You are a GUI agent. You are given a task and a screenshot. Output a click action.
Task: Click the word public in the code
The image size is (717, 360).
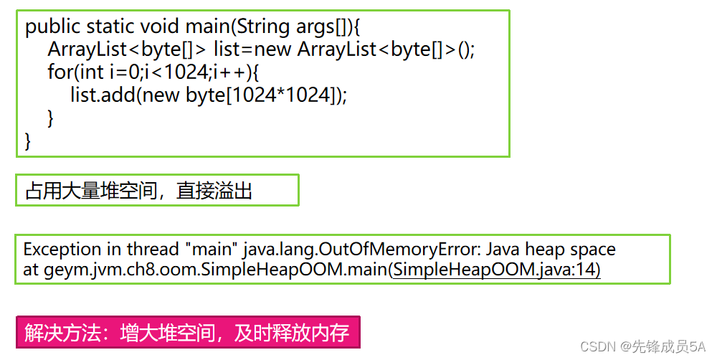pos(53,27)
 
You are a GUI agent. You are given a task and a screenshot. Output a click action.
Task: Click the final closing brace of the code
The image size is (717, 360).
pos(29,141)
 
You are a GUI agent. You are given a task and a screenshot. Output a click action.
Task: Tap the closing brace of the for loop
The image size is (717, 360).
pos(51,118)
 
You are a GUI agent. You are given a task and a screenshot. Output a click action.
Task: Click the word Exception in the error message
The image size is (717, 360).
pos(62,250)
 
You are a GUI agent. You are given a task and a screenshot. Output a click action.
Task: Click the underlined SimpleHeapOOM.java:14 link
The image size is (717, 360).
pos(496,270)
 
